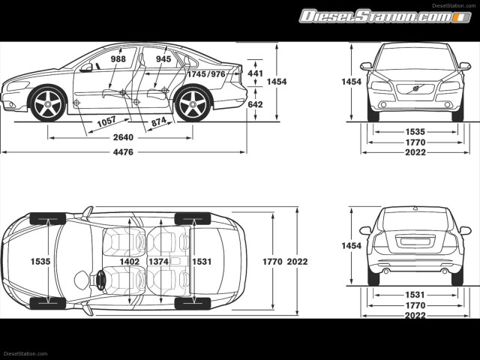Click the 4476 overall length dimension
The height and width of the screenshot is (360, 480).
(123, 152)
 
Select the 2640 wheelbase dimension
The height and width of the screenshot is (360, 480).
(123, 137)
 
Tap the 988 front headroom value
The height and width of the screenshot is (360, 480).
(118, 58)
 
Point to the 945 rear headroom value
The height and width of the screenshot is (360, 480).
(163, 58)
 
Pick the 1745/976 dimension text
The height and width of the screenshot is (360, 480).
(206, 74)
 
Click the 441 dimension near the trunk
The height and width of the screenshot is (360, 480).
(255, 74)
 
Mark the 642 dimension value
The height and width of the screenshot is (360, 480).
(255, 104)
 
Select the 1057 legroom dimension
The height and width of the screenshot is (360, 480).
(106, 121)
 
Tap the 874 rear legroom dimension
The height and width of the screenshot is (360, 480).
(159, 121)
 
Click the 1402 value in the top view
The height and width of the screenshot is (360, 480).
(130, 262)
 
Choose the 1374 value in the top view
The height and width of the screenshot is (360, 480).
(158, 262)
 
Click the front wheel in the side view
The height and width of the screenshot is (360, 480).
(46, 103)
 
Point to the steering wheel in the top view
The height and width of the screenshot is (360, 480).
(99, 280)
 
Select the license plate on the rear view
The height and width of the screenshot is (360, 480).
(415, 241)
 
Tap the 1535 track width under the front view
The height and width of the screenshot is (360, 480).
(415, 131)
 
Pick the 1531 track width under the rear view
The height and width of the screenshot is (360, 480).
(415, 295)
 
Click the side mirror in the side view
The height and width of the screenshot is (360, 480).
(87, 67)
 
